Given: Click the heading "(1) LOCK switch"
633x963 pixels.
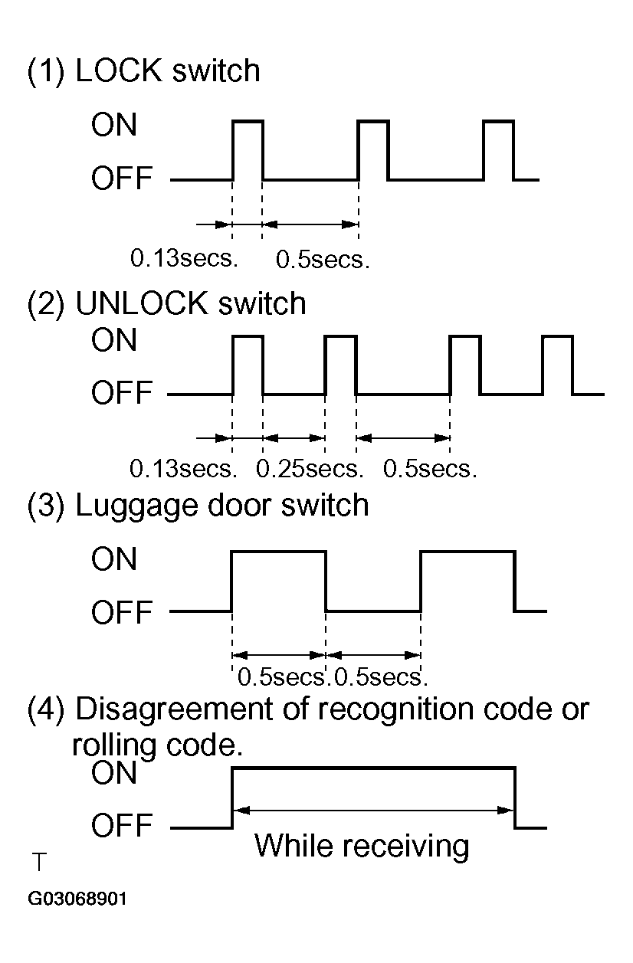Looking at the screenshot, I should (143, 71).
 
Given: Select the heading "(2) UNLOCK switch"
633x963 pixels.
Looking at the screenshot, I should (166, 304).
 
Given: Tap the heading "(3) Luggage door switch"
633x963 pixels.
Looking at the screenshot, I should (198, 506).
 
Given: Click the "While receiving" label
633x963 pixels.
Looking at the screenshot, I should (361, 846).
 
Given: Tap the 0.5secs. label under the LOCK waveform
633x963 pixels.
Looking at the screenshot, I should (323, 260).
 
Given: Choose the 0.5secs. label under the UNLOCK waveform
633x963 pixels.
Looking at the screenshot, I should (429, 468).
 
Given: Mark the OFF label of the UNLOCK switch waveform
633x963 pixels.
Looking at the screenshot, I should (122, 395).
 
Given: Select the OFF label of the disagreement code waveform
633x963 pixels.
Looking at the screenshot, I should (122, 827).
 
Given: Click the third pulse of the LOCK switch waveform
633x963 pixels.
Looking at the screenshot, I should (498, 149).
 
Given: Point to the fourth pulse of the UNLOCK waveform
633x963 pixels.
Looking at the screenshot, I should (557, 365).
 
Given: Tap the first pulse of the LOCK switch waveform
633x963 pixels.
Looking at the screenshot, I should (248, 149).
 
